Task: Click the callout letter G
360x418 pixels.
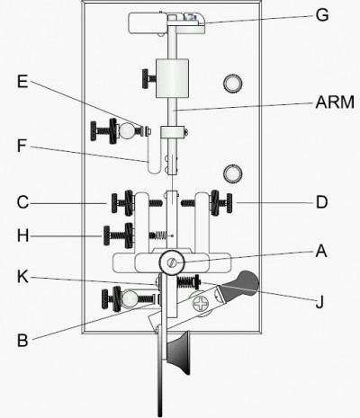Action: [322, 14]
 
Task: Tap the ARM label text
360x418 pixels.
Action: [335, 102]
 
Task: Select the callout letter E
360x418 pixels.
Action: [22, 81]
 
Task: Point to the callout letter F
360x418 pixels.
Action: [22, 146]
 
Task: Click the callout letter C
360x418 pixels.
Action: [22, 202]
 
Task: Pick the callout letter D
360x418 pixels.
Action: [322, 202]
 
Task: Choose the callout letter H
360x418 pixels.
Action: [23, 236]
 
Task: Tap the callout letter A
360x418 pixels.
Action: [321, 251]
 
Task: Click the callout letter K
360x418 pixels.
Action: [23, 277]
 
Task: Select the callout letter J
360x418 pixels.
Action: [319, 302]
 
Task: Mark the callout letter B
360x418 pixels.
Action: [22, 341]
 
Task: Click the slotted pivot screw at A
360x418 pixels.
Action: [172, 262]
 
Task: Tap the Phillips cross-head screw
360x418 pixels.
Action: [201, 304]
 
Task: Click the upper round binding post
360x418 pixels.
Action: [233, 83]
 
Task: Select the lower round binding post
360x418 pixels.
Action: [233, 173]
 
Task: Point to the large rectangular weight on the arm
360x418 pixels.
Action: [172, 78]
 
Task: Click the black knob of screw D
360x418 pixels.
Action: [229, 203]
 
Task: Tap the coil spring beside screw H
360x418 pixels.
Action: [158, 236]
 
